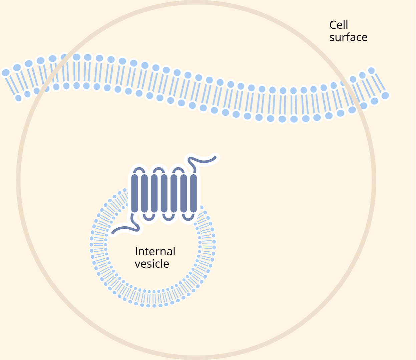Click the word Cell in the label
(x=339, y=25)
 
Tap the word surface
(x=348, y=37)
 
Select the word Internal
(x=155, y=251)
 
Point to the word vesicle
(x=152, y=264)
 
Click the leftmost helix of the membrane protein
(x=134, y=193)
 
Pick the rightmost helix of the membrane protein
(x=193, y=193)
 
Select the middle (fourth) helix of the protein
(x=164, y=193)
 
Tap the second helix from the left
(x=144, y=193)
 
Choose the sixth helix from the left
(x=183, y=193)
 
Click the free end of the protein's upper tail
(x=216, y=157)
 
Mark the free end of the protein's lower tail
(x=113, y=232)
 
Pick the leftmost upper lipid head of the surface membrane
(x=6, y=72)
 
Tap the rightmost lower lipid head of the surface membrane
(x=385, y=95)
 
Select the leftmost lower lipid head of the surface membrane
(x=19, y=98)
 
